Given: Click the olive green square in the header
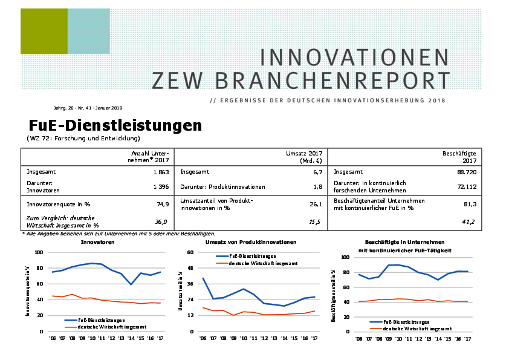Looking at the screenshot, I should [44, 31].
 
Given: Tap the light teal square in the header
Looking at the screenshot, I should [88, 31].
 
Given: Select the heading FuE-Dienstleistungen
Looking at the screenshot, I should [115, 125].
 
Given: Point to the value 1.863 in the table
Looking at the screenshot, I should [160, 172].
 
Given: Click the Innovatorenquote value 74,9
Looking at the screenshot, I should [163, 204].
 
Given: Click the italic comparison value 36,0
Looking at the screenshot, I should [161, 222].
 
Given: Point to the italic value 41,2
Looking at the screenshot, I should [468, 222].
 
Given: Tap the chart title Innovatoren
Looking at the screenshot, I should [98, 242].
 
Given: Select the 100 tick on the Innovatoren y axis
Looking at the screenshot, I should [39, 252].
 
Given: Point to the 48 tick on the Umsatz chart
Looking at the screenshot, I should [190, 268].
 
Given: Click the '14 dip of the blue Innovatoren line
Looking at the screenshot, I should [130, 284].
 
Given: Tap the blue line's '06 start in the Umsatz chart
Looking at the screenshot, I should [203, 278].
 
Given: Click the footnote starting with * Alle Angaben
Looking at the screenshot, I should [118, 234].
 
